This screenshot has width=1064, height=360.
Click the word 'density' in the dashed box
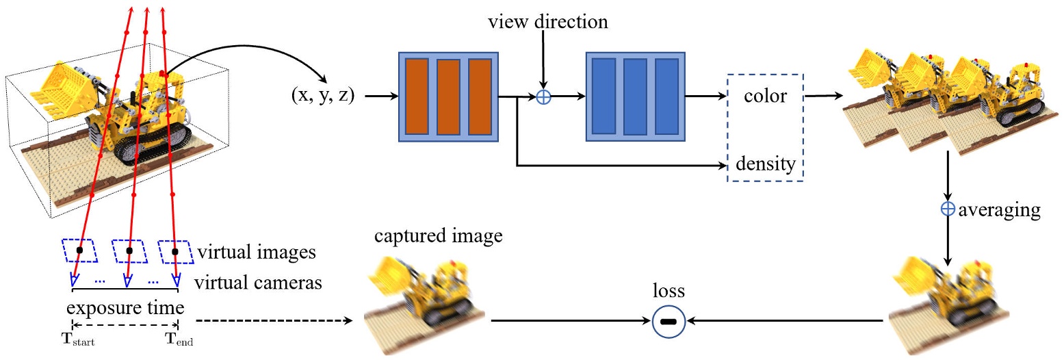point(766,164)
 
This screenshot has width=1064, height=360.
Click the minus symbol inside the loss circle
point(669,321)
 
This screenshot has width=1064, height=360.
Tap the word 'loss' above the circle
point(669,291)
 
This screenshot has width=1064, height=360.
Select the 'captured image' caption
point(439,237)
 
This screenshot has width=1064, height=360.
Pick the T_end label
point(179,339)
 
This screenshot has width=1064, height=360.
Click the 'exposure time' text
point(125,306)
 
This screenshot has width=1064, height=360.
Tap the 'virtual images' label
point(257,253)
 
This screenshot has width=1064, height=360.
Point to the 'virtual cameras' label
point(259,282)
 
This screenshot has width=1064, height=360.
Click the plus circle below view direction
point(543,97)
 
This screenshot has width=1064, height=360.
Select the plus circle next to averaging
point(948,210)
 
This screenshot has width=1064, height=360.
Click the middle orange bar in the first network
point(448,97)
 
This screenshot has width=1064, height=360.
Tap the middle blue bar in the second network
point(635,97)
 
